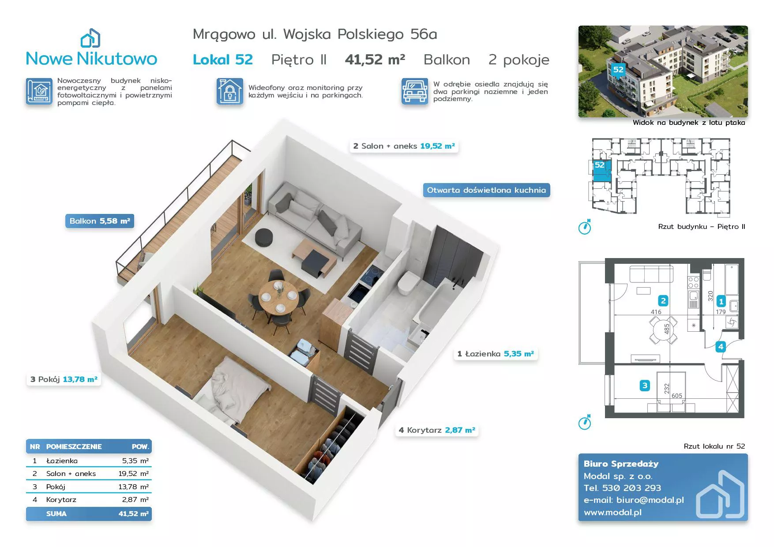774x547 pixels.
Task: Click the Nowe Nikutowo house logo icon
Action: pos(90,38)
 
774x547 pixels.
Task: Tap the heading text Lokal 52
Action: pos(223,60)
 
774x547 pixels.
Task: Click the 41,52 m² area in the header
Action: pos(375,60)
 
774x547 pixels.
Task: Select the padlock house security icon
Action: pos(229,91)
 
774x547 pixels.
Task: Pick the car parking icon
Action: pos(415,91)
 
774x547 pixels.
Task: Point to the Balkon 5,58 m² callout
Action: pos(100,221)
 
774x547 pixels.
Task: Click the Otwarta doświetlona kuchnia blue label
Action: pos(486,190)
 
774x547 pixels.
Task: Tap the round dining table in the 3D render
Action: pos(278,297)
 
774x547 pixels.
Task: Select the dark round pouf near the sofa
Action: pos(264,237)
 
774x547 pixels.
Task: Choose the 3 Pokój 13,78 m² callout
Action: pos(64,379)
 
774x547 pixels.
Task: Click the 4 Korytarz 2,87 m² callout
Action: pos(437,430)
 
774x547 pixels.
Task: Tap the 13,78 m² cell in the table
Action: pos(133,487)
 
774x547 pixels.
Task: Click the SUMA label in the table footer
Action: pos(56,514)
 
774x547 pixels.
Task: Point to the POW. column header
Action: pos(140,446)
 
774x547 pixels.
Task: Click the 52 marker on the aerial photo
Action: pos(618,70)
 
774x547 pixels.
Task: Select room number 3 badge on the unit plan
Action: pos(645,386)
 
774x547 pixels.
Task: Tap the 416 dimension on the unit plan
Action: pos(656,312)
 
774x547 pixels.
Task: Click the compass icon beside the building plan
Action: pos(585,227)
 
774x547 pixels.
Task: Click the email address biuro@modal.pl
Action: pos(650,500)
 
